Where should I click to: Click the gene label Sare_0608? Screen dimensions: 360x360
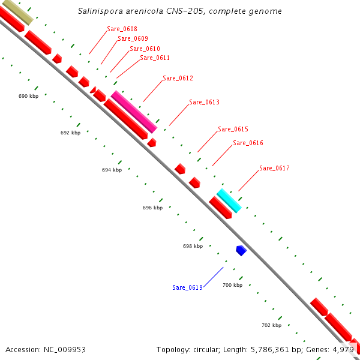coord(122,29)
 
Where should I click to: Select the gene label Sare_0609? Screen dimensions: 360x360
coord(133,38)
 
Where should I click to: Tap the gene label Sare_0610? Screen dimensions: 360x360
coord(145,49)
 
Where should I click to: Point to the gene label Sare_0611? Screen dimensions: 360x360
coord(155,58)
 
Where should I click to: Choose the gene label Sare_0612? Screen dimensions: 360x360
coord(178,78)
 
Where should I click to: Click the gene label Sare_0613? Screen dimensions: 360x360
coord(204,102)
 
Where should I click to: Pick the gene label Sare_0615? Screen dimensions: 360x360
coord(233,129)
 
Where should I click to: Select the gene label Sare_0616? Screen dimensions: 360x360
coord(248,143)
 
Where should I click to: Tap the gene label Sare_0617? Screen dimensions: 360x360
coord(274,168)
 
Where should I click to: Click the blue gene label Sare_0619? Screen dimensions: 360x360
coord(187,287)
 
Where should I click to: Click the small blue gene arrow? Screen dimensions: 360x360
coord(241,250)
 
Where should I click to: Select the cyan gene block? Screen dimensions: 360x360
coord(229,200)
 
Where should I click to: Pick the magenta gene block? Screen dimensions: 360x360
coord(134,112)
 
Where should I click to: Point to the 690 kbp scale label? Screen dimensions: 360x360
coord(29,96)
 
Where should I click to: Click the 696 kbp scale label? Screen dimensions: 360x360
coord(152,208)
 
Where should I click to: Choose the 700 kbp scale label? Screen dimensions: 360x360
coord(232,285)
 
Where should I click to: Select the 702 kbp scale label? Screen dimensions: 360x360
coord(271,325)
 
